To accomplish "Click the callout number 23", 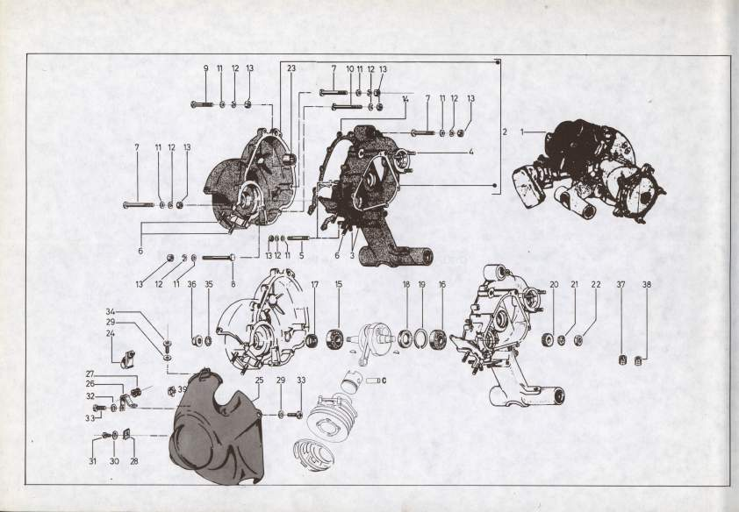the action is [291, 68].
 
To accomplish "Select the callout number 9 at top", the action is [206, 68].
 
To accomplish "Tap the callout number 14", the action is [405, 99].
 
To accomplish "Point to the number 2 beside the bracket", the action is [505, 132].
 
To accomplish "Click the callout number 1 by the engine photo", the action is [522, 132].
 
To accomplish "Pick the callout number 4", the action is [470, 152].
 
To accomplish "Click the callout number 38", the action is [646, 284].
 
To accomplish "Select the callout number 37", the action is [621, 284].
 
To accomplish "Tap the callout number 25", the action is [259, 380].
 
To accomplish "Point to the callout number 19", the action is [422, 284].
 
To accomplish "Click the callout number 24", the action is [111, 333].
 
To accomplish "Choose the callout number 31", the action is [92, 461].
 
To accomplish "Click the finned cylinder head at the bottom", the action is [314, 454].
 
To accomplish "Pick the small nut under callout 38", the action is [639, 361].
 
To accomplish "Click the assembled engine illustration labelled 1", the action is [589, 169].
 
